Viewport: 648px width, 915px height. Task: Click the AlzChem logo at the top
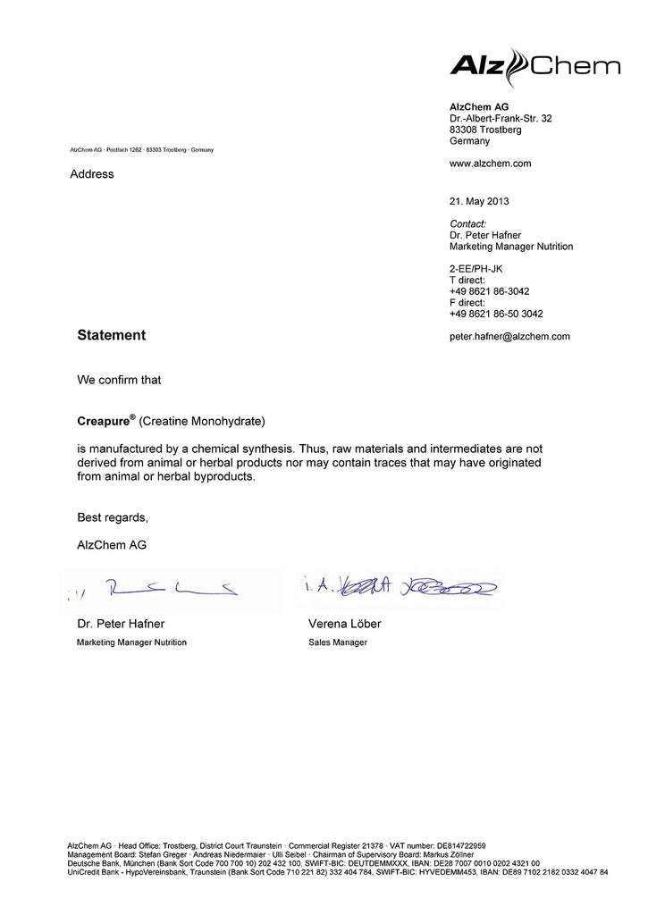tap(534, 66)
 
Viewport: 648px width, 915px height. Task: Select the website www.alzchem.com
tap(490, 164)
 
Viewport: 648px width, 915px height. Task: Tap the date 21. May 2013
tap(479, 201)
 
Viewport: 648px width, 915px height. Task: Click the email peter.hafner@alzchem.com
tap(509, 336)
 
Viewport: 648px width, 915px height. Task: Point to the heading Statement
tap(111, 335)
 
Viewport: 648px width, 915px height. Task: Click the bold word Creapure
tap(104, 420)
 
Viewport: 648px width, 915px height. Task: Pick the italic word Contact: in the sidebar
tap(467, 223)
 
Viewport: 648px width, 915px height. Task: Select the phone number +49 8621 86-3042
tap(489, 291)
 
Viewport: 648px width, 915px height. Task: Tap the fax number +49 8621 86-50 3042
tap(496, 314)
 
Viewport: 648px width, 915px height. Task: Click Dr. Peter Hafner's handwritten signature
tap(170, 587)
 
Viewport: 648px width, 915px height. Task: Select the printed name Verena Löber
tap(344, 624)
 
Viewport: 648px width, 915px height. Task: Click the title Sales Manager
tap(337, 642)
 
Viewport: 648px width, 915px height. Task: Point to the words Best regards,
tap(113, 517)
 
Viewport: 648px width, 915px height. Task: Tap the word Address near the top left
tap(92, 174)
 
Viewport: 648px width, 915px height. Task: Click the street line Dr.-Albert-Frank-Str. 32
tap(501, 118)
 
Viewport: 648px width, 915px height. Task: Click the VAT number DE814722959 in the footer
tap(461, 845)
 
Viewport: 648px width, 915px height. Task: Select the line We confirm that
tap(119, 380)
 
